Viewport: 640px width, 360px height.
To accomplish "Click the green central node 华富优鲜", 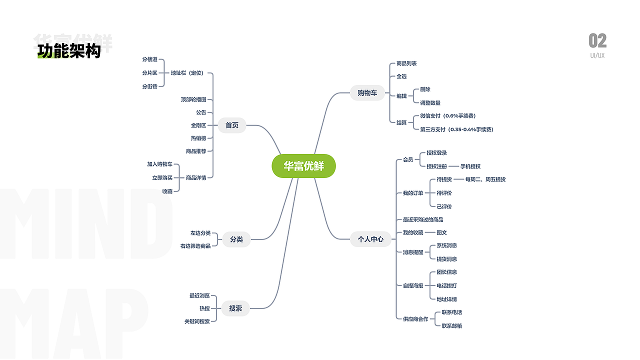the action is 303,166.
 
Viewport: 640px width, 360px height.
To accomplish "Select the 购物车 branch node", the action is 367,93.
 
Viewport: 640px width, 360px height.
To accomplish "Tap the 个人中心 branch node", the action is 370,239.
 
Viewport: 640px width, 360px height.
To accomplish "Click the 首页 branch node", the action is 232,125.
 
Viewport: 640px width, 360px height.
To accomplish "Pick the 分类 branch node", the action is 236,239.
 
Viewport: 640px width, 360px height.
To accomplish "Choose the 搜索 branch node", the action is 235,308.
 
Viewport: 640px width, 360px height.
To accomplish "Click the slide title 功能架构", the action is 69,51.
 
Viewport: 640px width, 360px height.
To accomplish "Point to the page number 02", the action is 597,40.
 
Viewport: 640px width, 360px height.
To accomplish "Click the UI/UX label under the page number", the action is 597,55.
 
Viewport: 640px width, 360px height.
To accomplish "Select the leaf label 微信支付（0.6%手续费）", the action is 448,116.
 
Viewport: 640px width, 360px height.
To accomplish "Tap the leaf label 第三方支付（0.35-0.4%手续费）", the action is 456,129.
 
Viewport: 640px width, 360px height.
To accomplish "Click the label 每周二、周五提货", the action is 485,179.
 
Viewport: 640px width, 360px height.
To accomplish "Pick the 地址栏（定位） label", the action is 187,73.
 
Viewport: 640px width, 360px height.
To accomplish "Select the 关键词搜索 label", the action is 197,321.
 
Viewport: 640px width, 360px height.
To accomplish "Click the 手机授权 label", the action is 470,166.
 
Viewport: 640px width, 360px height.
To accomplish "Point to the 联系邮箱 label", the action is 451,326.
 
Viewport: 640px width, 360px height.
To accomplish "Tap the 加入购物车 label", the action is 159,164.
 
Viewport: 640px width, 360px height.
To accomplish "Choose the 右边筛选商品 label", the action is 195,246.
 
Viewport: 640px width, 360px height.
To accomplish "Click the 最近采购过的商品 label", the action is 423,219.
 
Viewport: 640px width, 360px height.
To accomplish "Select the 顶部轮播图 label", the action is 193,99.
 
